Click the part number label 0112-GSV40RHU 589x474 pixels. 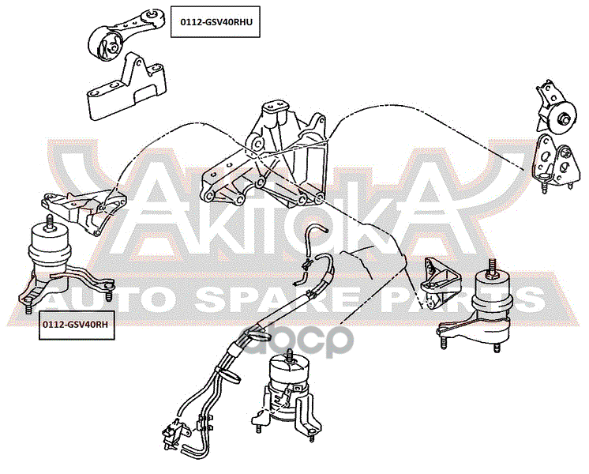pos(216,22)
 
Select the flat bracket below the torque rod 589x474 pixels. pos(127,87)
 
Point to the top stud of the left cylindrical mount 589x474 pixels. pos(49,221)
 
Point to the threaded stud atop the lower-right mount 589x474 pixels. pos(491,268)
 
